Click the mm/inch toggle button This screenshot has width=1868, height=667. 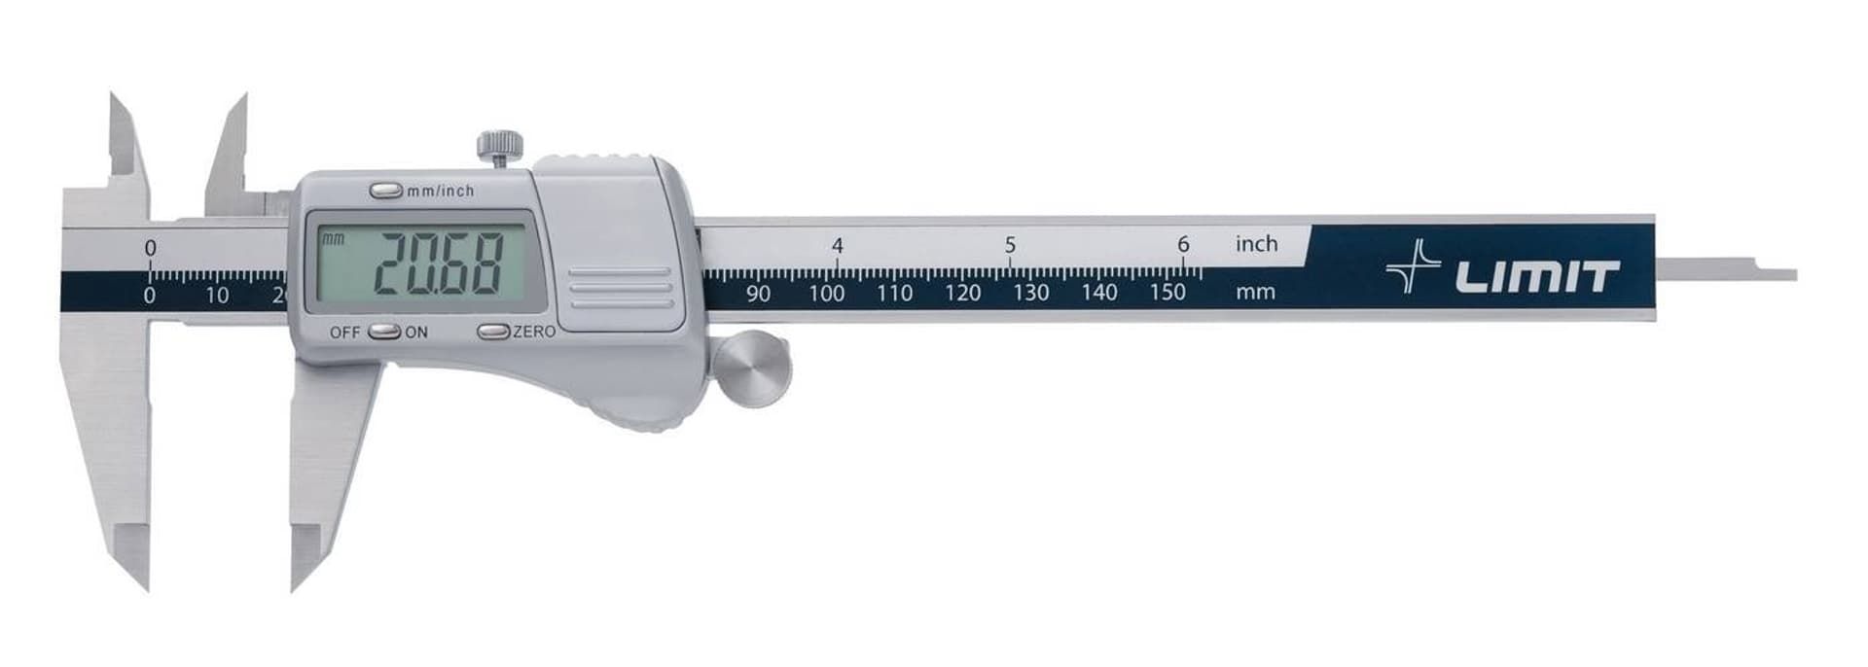(386, 191)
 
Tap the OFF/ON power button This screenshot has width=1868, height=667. (386, 332)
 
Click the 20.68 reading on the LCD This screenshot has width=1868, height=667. (439, 264)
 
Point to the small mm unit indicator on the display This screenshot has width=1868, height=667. (333, 238)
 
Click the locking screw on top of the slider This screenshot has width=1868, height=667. (500, 147)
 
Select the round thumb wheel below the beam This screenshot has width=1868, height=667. (752, 369)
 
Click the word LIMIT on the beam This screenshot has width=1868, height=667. (1537, 277)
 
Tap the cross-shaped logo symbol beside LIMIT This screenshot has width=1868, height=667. (1414, 266)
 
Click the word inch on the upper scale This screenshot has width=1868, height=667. (1256, 244)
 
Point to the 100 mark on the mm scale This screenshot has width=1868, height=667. (826, 293)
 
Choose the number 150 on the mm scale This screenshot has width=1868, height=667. (1167, 292)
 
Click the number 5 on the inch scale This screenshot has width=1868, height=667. (1010, 245)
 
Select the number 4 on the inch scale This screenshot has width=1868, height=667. (838, 246)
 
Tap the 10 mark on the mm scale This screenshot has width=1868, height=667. (217, 295)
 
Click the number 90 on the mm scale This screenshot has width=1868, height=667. (758, 293)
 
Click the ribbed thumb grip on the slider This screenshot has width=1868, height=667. (621, 288)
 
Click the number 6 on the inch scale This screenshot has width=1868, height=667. (1183, 244)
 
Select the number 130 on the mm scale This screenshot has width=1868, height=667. (1030, 292)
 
